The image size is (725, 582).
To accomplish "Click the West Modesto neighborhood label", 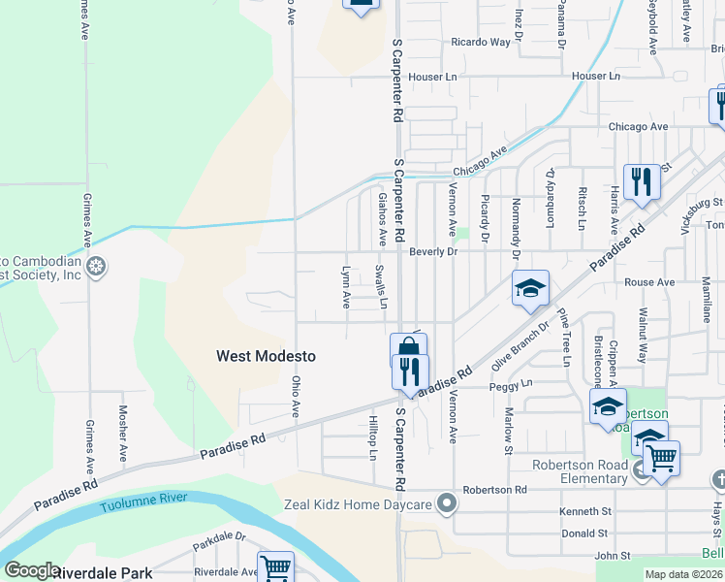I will [266, 357].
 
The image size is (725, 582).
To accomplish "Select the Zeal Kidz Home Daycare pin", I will [446, 503].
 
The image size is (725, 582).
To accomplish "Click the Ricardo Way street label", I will [481, 43].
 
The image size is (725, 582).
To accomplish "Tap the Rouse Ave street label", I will [649, 282].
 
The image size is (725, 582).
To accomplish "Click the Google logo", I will [31, 570].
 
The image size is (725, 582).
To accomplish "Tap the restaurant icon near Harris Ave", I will [641, 181].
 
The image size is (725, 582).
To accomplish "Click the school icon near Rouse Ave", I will [530, 289].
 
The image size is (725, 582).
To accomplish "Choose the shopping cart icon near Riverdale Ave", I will [275, 567].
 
